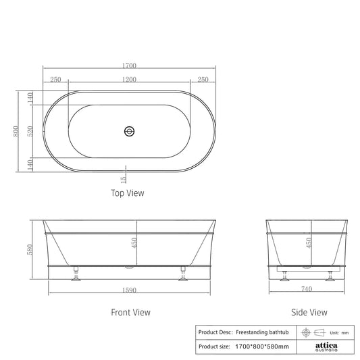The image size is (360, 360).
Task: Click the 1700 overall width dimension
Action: [x=130, y=66]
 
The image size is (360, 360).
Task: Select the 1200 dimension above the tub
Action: [x=130, y=80]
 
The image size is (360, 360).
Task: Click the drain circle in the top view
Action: [x=130, y=131]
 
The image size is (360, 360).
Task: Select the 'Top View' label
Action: [x=127, y=193]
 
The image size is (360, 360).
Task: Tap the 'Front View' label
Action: [x=130, y=313]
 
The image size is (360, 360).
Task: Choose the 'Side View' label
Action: [x=309, y=313]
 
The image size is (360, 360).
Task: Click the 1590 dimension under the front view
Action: [x=130, y=290]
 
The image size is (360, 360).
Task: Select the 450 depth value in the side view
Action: [x=309, y=242]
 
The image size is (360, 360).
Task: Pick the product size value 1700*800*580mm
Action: [x=262, y=346]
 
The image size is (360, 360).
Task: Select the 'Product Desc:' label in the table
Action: [x=215, y=332]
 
